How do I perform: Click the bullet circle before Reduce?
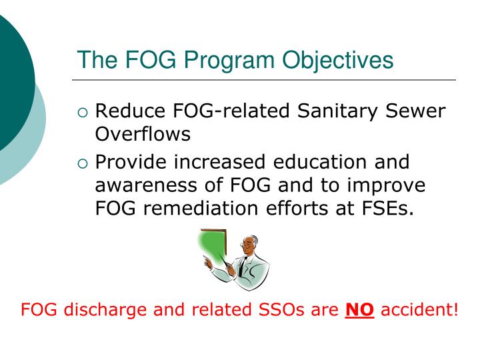click(x=83, y=113)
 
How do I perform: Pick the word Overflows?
click(x=143, y=134)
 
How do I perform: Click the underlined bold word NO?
click(x=360, y=310)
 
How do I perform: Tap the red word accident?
click(x=419, y=310)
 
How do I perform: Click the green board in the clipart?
click(x=213, y=247)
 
